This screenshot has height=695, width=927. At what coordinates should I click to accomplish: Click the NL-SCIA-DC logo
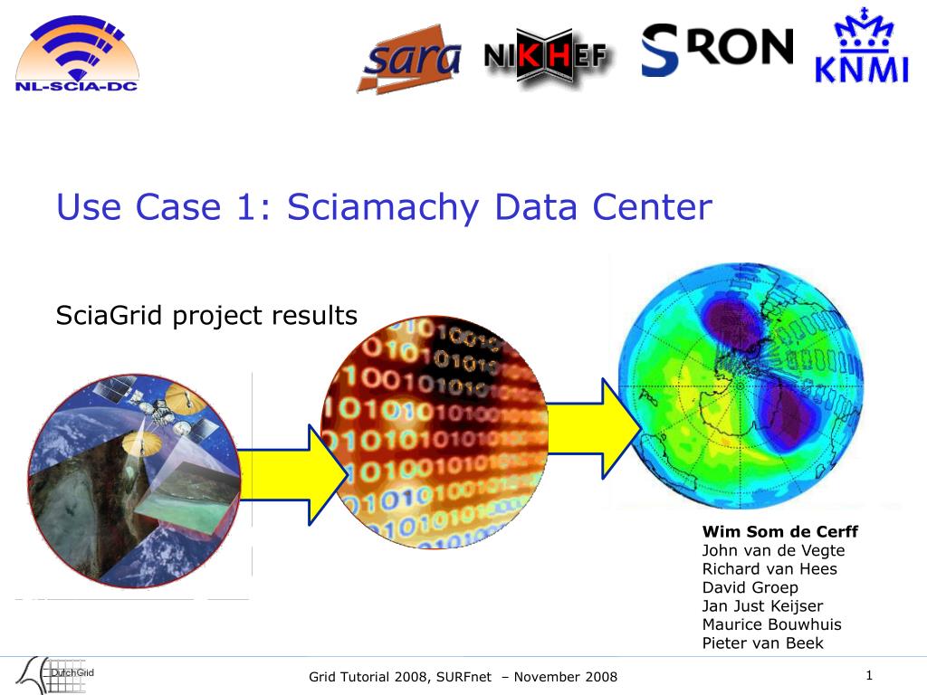click(77, 53)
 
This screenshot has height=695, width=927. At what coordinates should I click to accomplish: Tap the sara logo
click(409, 59)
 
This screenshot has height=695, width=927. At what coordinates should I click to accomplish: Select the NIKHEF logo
click(545, 56)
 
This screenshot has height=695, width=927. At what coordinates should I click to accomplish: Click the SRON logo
click(717, 50)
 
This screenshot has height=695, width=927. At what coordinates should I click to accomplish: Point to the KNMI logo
click(862, 45)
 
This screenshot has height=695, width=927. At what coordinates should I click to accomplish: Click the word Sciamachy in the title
click(383, 207)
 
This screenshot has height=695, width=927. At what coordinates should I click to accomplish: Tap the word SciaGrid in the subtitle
click(109, 314)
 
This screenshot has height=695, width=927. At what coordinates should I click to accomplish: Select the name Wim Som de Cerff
click(779, 531)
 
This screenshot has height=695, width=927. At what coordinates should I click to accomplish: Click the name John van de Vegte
click(773, 550)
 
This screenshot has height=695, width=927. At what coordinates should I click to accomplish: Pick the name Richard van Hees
click(769, 568)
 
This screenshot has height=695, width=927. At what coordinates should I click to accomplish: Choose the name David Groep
click(750, 587)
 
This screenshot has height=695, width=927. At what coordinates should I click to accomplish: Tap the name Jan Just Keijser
click(762, 605)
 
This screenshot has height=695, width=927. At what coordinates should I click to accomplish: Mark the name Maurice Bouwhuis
click(771, 624)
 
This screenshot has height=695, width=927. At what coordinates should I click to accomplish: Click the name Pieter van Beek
click(762, 643)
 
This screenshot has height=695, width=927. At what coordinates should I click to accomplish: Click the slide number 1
click(869, 675)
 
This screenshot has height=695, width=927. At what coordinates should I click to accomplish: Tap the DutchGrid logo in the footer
click(54, 674)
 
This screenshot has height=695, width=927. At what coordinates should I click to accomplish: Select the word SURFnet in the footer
click(464, 677)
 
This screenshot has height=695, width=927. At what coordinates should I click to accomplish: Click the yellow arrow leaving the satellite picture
click(292, 475)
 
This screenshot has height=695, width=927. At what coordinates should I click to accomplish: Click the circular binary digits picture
click(435, 432)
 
